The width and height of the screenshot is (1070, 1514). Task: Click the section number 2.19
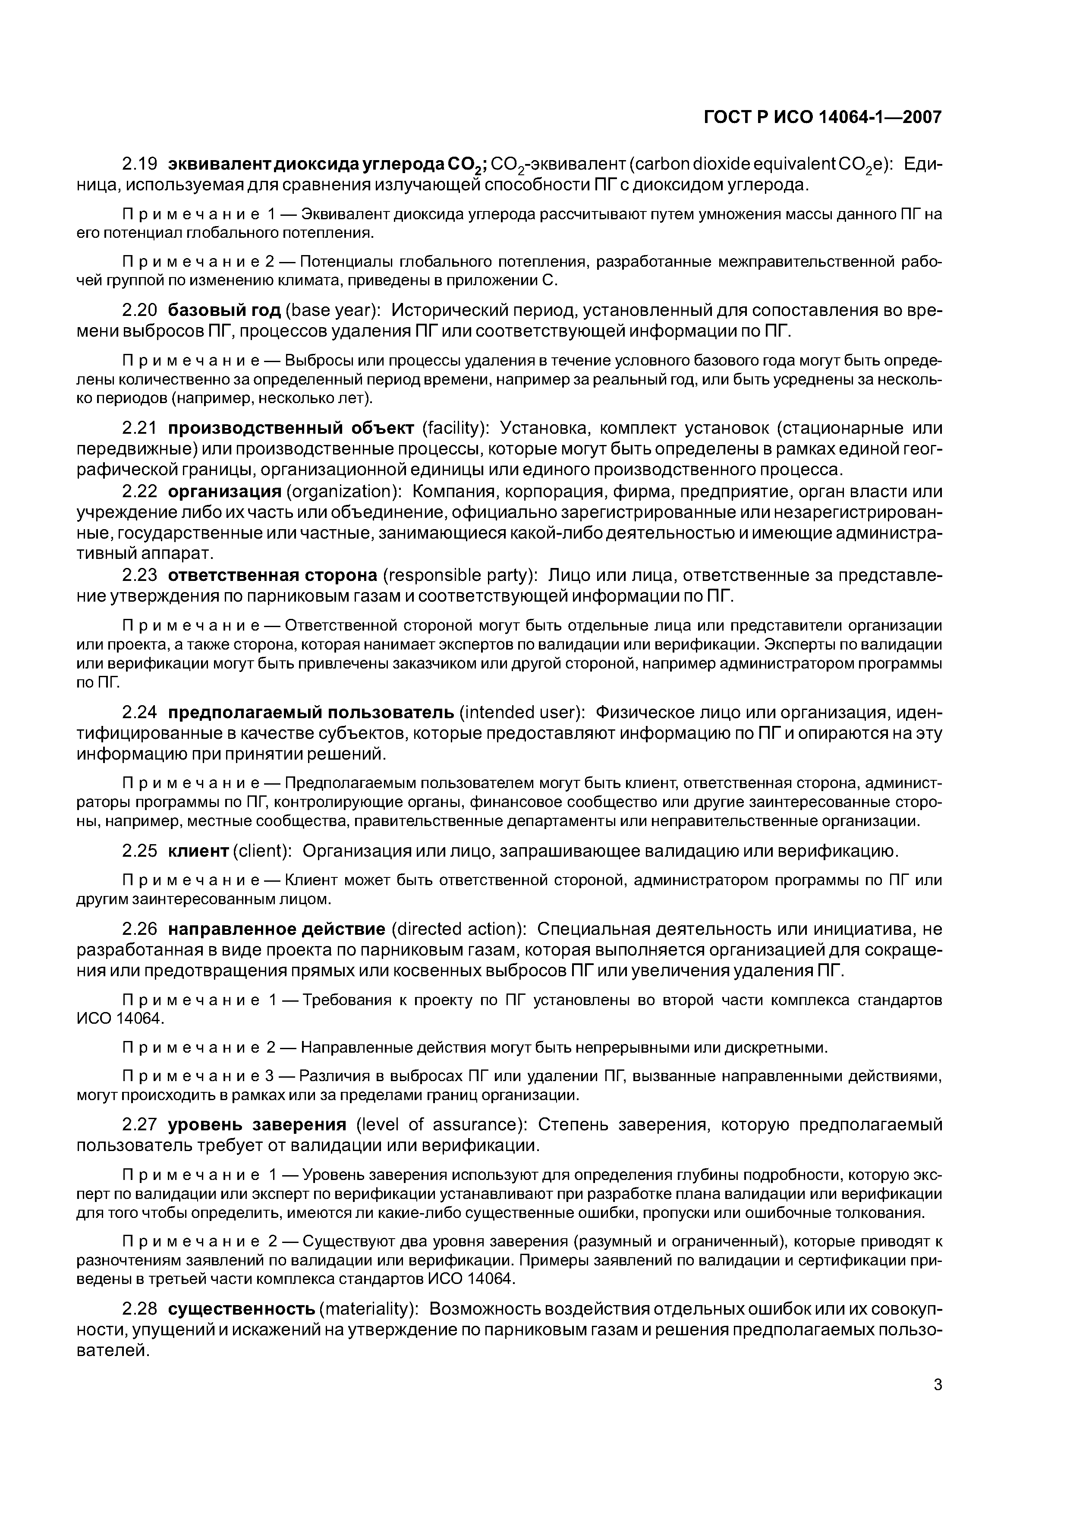[140, 164]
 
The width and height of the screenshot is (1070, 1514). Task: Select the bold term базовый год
[224, 310]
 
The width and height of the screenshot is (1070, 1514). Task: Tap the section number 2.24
[140, 713]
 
